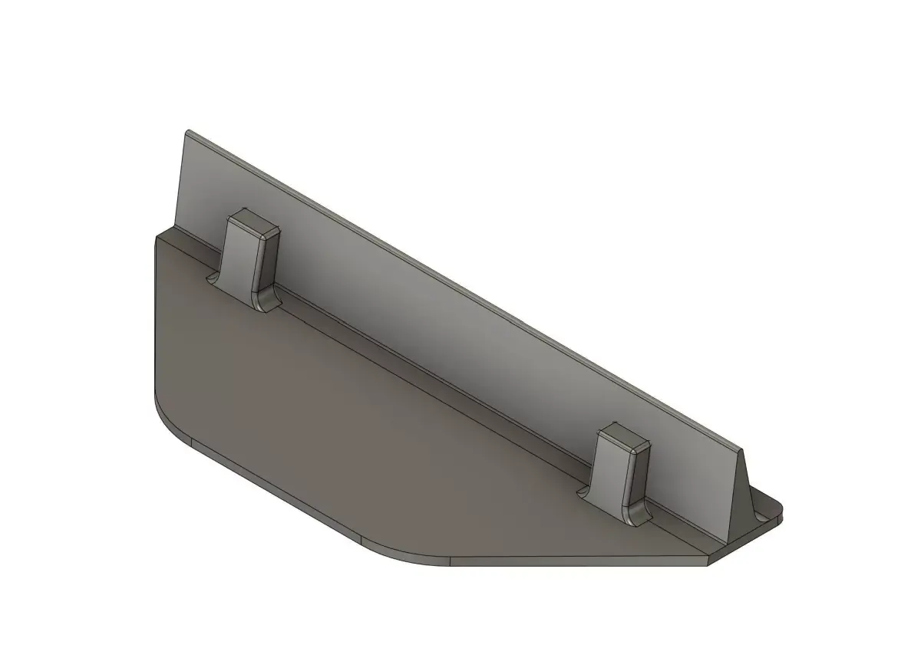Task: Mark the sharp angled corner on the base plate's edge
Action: [x=707, y=563]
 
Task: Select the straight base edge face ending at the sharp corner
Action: [x=576, y=562]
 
